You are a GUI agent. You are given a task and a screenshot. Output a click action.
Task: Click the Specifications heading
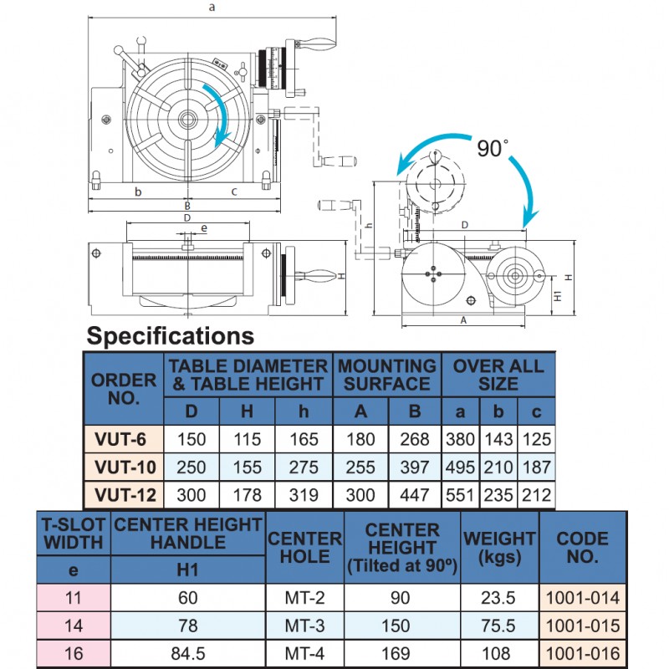point(171,336)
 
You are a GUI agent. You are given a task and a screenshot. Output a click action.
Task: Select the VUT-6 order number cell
point(124,439)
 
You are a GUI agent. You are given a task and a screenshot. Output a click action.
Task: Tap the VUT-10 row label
point(124,467)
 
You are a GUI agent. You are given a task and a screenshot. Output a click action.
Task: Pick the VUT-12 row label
point(124,495)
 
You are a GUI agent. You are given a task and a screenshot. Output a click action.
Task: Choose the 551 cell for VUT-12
point(461,495)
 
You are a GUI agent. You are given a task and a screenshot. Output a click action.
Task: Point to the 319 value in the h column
point(304,495)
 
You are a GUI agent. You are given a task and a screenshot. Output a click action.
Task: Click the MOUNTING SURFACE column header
point(387,375)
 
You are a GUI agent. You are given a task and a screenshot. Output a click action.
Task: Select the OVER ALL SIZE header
point(498,375)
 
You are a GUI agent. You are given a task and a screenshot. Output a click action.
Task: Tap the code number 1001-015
point(583,626)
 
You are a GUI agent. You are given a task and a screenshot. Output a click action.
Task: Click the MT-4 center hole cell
point(304,653)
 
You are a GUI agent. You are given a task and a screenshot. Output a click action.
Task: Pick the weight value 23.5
point(499,598)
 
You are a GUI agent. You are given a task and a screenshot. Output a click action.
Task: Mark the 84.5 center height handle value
point(188,653)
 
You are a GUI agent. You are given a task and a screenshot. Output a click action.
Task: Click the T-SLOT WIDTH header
point(74,534)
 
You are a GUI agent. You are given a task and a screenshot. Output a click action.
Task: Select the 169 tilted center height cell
point(402,653)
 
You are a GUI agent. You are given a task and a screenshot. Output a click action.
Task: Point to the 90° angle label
point(493,148)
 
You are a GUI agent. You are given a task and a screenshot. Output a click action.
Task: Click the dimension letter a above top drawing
point(212,8)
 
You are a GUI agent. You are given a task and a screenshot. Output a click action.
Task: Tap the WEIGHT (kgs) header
point(499,547)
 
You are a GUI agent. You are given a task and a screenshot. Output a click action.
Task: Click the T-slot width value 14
point(74,626)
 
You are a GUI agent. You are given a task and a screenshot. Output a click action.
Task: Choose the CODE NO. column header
point(583,547)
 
